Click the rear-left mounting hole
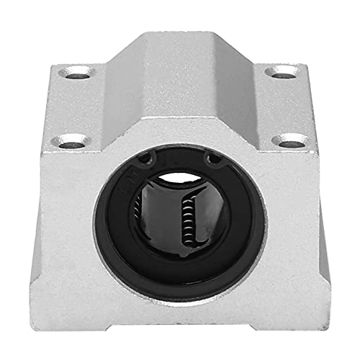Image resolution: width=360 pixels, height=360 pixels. [x=79, y=71]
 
